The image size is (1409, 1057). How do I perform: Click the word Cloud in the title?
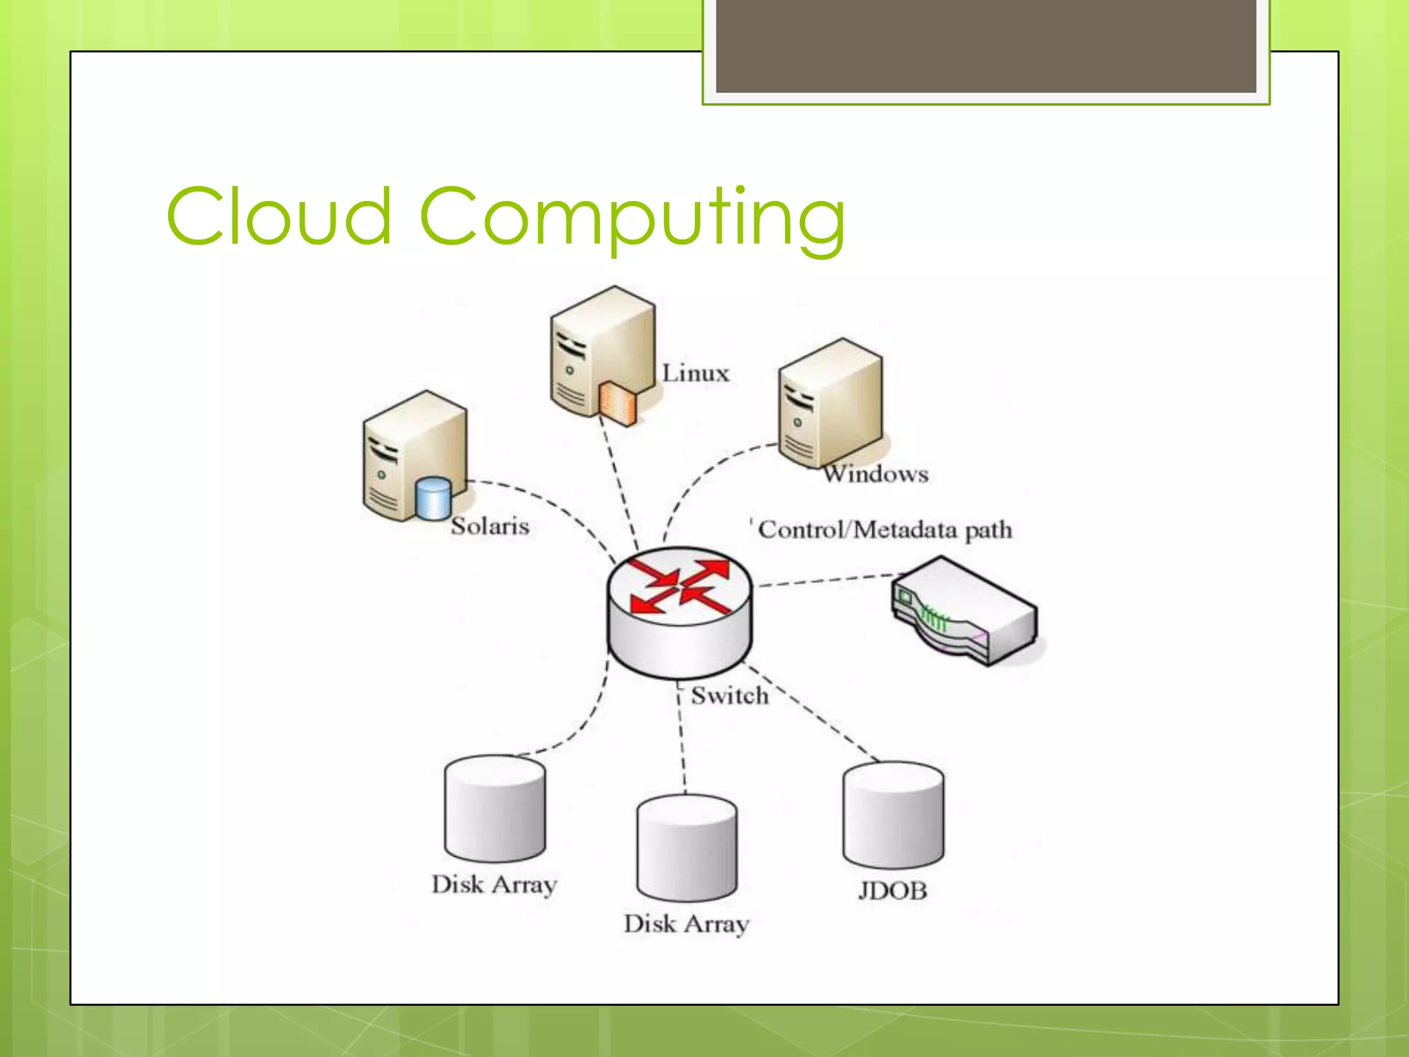coord(279,217)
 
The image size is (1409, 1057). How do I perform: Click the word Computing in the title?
coord(632,219)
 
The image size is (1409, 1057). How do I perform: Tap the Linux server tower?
coord(602,351)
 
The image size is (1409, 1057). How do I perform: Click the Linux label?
coord(695,374)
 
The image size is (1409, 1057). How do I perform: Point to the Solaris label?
coord(490,526)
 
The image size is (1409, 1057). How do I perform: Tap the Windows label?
coord(876,474)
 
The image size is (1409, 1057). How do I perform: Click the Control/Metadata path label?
coord(885,530)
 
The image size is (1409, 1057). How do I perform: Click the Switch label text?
coord(729,696)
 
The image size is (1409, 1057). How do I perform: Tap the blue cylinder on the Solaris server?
coord(433,498)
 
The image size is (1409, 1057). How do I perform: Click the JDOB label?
coord(892,891)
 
